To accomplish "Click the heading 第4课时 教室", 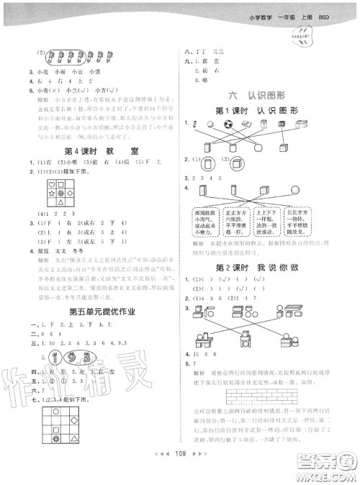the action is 91,152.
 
